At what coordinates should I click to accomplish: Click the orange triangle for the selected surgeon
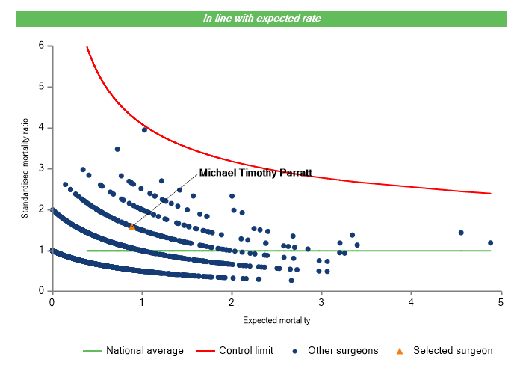(x=132, y=227)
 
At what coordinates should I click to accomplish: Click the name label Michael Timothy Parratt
(x=255, y=173)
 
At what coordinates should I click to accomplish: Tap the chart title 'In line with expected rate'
(x=261, y=18)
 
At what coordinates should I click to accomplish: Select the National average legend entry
(x=144, y=350)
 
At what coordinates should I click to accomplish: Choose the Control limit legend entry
(x=247, y=350)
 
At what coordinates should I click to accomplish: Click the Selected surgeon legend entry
(x=453, y=350)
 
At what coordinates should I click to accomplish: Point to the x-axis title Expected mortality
(x=276, y=320)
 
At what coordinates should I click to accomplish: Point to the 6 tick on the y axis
(x=41, y=46)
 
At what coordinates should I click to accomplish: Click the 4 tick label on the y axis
(x=41, y=128)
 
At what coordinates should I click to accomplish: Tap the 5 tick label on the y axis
(x=41, y=87)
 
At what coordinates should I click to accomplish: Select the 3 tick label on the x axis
(x=321, y=302)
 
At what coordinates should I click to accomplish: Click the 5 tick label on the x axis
(x=501, y=302)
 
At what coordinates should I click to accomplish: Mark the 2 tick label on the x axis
(x=232, y=302)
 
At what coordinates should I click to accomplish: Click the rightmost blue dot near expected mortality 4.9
(x=491, y=242)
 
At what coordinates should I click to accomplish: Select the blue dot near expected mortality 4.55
(x=461, y=233)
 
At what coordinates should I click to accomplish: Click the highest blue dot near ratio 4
(x=144, y=129)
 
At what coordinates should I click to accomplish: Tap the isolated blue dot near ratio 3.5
(x=117, y=149)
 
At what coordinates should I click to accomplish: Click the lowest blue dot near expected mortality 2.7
(x=291, y=280)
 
